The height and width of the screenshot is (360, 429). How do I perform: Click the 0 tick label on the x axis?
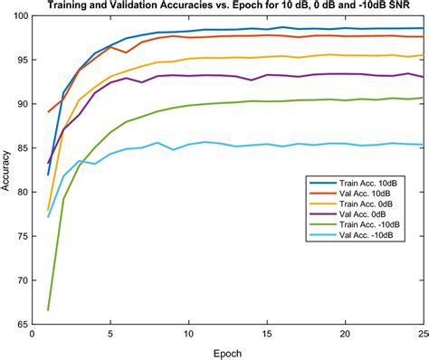(x=33, y=334)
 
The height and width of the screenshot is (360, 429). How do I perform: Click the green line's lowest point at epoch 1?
(x=48, y=309)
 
